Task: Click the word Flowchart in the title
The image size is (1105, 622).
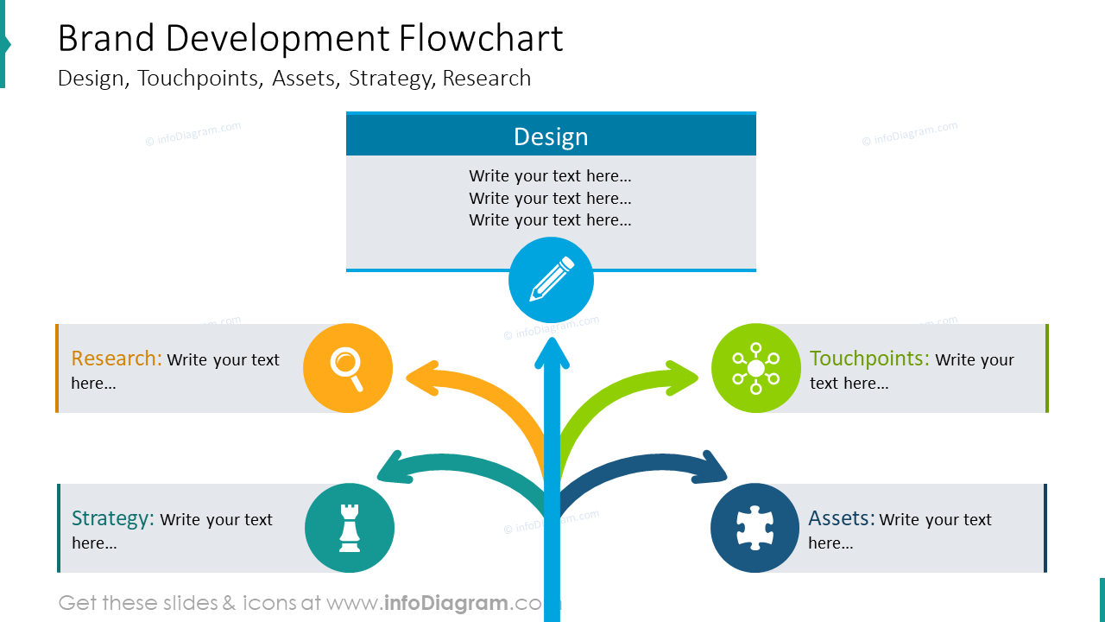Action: pos(481,38)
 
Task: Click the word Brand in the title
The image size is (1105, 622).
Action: pos(106,38)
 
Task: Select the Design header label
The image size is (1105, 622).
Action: pos(551,136)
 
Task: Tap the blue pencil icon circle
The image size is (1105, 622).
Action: pos(551,280)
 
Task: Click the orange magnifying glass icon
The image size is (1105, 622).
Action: pos(348,368)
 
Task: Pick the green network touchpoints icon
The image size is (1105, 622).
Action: pos(755,368)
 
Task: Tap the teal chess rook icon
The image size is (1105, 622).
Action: pos(350,528)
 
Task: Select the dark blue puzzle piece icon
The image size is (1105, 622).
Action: pos(755,528)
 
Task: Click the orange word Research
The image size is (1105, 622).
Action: pos(117,359)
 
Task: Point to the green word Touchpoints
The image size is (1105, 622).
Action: pos(869,359)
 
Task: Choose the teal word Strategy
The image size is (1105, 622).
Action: pos(113,518)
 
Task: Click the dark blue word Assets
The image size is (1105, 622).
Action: pos(842,518)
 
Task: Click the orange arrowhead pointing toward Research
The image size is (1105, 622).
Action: pos(423,378)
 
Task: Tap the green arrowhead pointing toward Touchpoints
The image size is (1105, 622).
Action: pos(682,378)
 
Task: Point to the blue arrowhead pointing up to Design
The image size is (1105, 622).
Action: pos(552,353)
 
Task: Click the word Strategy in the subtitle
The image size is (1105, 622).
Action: pos(390,79)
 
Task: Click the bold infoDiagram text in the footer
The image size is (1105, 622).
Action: pos(446,603)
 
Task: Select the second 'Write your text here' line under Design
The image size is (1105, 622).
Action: pos(550,198)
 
